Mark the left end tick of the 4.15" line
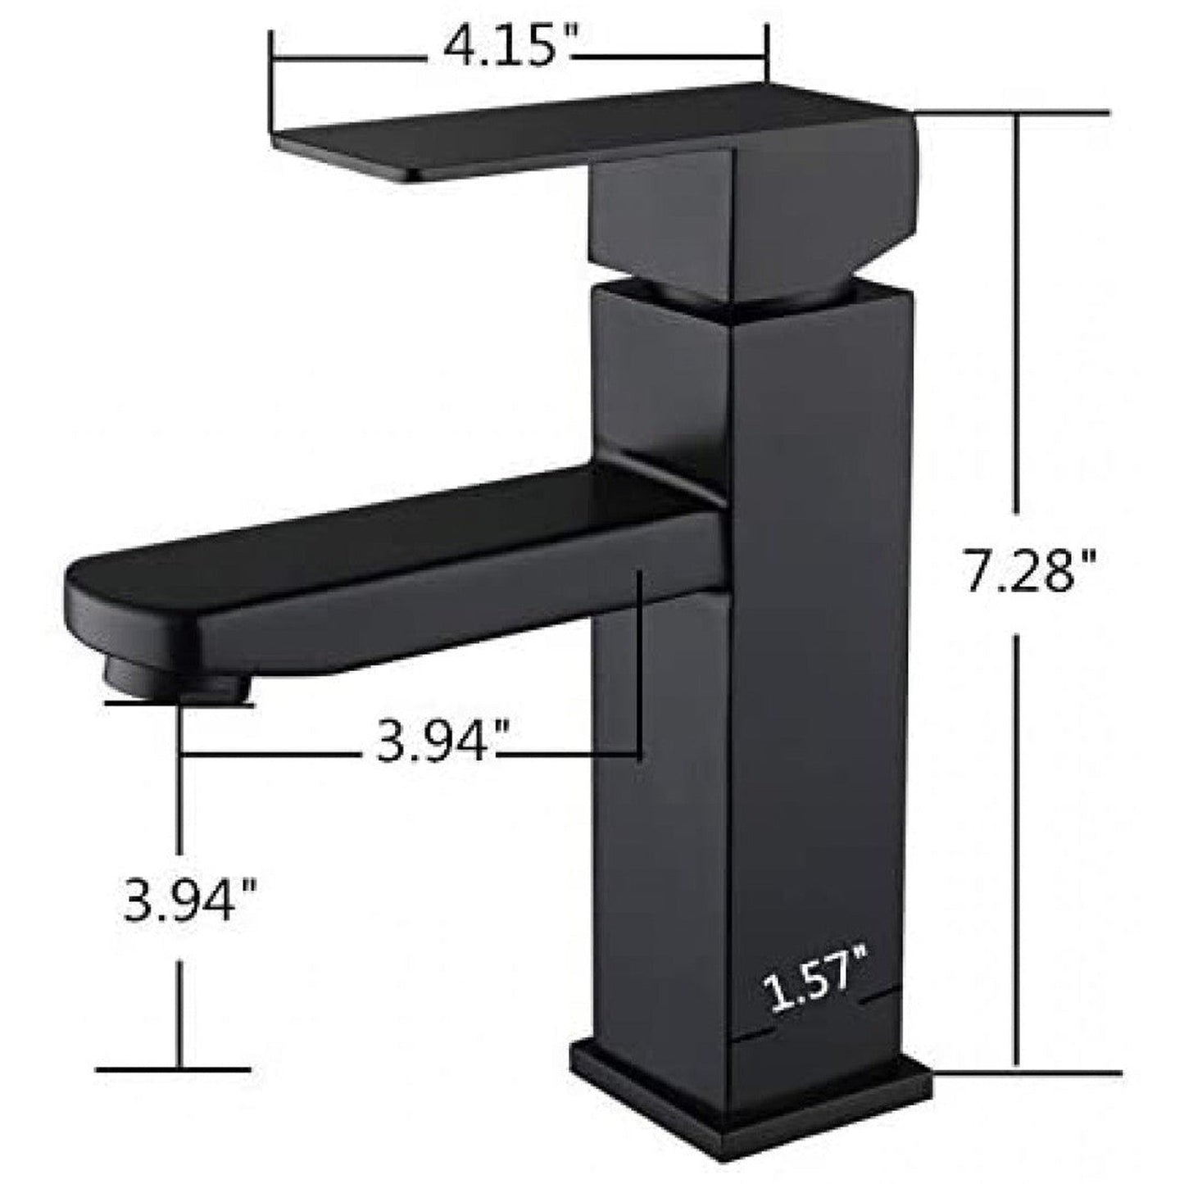tap(272, 82)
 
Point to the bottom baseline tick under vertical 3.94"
tap(172, 1068)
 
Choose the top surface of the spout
tap(393, 533)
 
